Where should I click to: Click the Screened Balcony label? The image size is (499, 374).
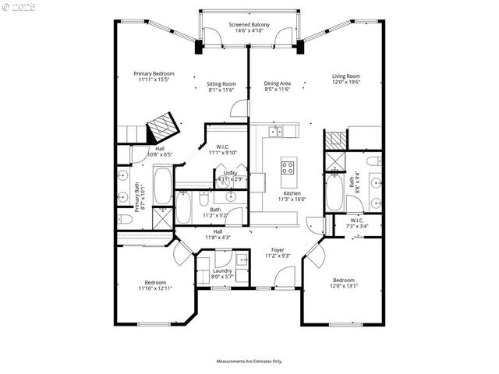249,25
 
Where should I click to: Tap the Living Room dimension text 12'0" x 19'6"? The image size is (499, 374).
346,83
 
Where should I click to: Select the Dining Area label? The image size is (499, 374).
277,83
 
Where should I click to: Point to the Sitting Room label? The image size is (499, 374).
221,83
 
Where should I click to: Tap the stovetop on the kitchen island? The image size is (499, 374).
287,167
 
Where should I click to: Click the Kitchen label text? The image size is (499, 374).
292,193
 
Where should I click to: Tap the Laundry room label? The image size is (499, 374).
222,270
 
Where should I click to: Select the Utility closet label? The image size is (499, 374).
231,173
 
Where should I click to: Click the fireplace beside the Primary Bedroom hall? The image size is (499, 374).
164,125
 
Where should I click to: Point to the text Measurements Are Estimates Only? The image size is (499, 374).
249,362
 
